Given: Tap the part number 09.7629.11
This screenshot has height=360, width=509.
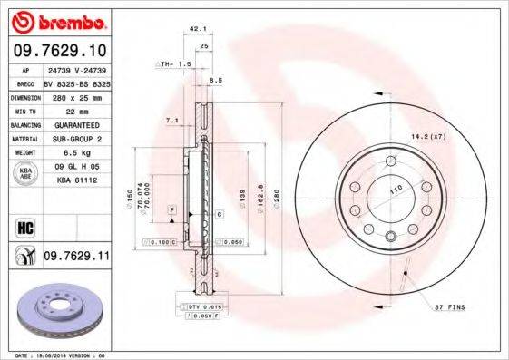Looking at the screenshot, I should click(76, 257).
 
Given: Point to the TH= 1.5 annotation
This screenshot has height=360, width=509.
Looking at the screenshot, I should click(175, 64).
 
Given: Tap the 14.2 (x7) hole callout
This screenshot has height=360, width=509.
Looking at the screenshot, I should click(429, 136).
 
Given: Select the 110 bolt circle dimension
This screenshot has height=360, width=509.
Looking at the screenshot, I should click(396, 191).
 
